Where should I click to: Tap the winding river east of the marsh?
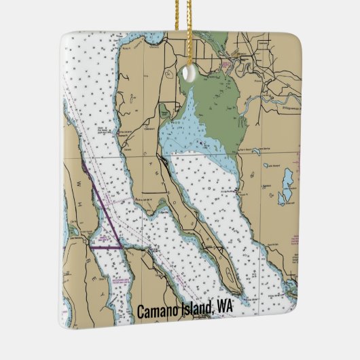272,102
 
